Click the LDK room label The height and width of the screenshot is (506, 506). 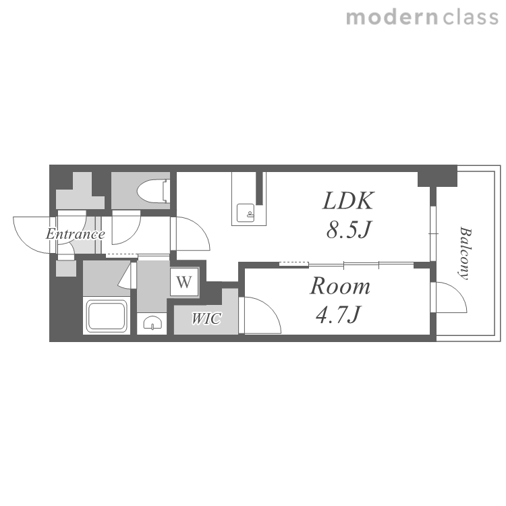pyautogui.click(x=348, y=201)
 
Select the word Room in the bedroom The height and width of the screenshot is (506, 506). pyautogui.click(x=340, y=286)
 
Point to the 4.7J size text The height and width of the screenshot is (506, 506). pyautogui.click(x=338, y=314)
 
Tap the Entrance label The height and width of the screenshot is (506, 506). pyautogui.click(x=75, y=234)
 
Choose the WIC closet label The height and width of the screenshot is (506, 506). pyautogui.click(x=206, y=318)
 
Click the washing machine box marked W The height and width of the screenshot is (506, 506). pyautogui.click(x=184, y=282)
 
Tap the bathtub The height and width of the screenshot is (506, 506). pyautogui.click(x=107, y=316)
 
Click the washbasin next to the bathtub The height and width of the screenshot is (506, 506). pyautogui.click(x=152, y=322)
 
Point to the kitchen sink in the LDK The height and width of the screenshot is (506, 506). pyautogui.click(x=246, y=213)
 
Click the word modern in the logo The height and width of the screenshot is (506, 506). pyautogui.click(x=392, y=18)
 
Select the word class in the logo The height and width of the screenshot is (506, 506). pyautogui.click(x=470, y=18)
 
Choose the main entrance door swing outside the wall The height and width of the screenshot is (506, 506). pyautogui.click(x=32, y=235)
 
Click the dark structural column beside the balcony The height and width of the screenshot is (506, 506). pyautogui.click(x=437, y=177)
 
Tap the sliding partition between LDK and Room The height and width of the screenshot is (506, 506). pyautogui.click(x=346, y=265)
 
